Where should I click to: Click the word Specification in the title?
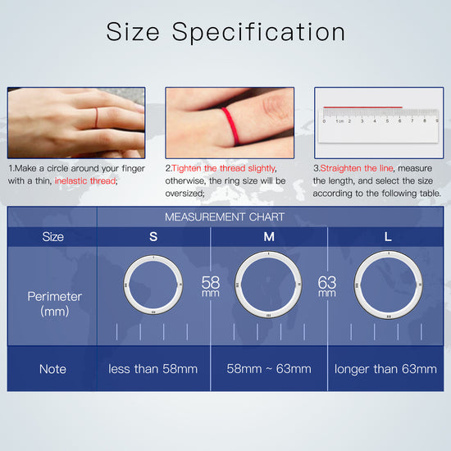click(258, 33)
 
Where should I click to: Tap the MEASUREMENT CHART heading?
click(225, 216)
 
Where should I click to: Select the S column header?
click(153, 237)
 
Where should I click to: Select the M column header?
click(269, 237)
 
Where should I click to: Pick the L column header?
click(387, 237)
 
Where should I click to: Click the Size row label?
click(52, 237)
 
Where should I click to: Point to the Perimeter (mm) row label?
click(54, 303)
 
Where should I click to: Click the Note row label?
click(52, 369)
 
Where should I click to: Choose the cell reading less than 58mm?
click(153, 369)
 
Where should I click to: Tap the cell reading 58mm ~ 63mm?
click(269, 369)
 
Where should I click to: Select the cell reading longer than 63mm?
click(385, 369)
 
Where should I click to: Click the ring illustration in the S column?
click(153, 284)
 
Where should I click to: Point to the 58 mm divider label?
click(211, 286)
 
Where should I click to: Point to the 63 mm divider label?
click(326, 286)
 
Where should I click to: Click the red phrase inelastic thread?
click(86, 180)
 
